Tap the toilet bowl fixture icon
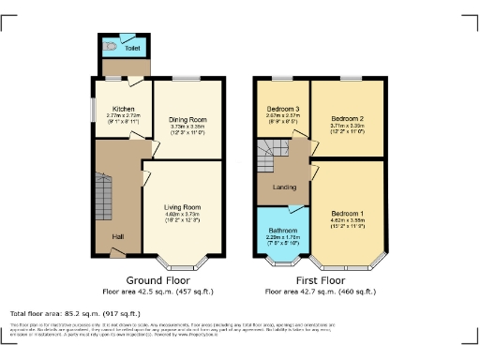pos(112,43)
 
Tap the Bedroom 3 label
pos(283,109)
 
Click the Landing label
pos(285,187)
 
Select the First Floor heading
pos(320,279)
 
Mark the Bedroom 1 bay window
pos(348,262)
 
